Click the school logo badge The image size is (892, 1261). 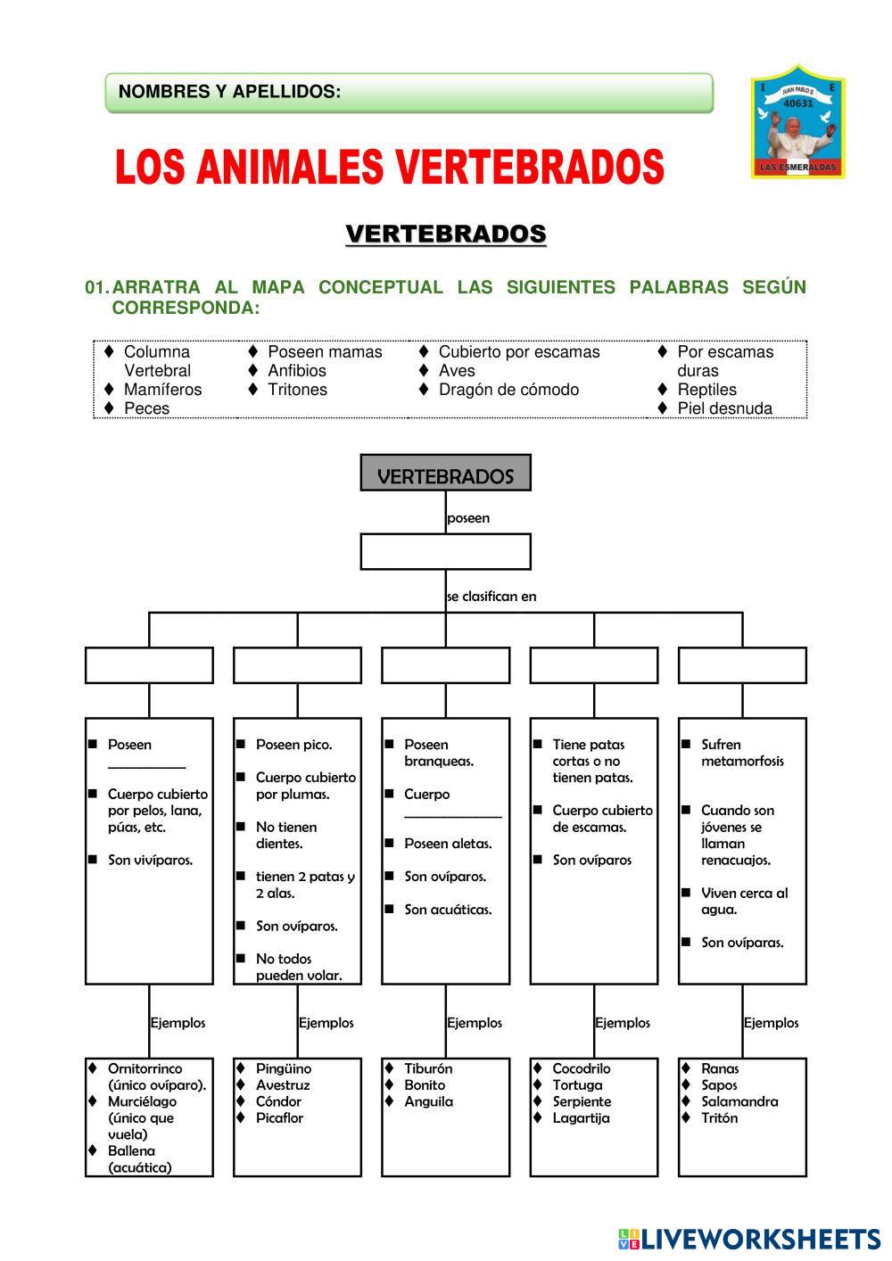[797, 122]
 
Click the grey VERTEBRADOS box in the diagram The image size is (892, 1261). [445, 474]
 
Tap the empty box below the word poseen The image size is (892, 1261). [445, 551]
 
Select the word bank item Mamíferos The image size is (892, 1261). [162, 390]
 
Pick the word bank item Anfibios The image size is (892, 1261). [297, 371]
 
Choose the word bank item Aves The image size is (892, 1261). [457, 371]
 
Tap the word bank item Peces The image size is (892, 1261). [146, 408]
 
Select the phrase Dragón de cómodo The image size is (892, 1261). [508, 390]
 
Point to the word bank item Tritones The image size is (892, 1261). [297, 390]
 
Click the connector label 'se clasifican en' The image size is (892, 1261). [491, 597]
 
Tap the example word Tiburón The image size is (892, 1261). [428, 1068]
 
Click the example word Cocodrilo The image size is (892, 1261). [582, 1068]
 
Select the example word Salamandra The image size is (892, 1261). [739, 1101]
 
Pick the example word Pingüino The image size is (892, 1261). [284, 1068]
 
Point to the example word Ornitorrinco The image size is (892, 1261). [145, 1068]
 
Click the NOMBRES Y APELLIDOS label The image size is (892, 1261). [229, 92]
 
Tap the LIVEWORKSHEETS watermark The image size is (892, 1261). [749, 1239]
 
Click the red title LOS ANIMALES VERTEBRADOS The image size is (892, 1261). [390, 167]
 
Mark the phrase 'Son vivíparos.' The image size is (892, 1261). [150, 861]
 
